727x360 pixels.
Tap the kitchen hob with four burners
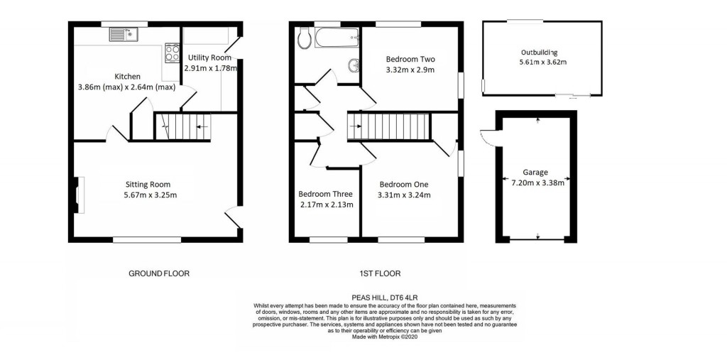pos(173,53)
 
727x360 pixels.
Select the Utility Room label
pos(210,57)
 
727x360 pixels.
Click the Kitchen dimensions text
pos(126,87)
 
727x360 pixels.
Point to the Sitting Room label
pos(148,184)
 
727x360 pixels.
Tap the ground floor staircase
pos(182,128)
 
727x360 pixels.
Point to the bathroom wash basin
pos(354,66)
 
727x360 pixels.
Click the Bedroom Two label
pos(410,59)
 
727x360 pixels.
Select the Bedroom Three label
pos(325,194)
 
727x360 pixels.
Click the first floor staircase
pos(388,128)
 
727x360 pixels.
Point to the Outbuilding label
pos(539,53)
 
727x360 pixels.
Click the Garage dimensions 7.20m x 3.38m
pos(539,182)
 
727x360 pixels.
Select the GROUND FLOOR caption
pos(159,273)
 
